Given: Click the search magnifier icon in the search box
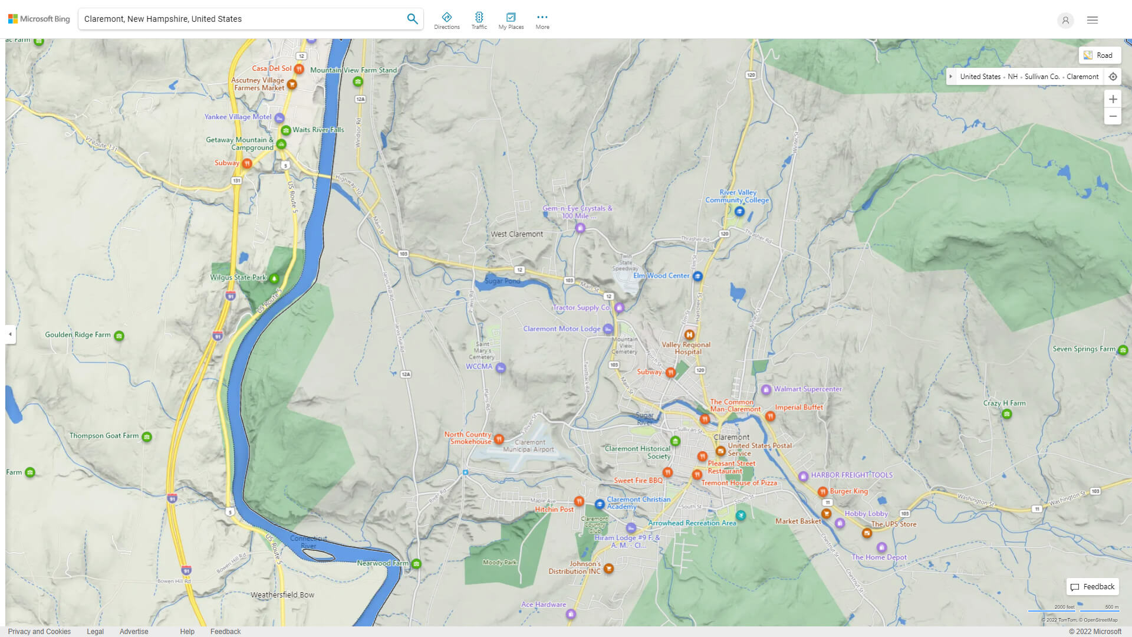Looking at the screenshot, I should click(x=412, y=19).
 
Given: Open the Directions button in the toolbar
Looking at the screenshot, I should click(x=446, y=21).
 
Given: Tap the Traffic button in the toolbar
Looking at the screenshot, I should click(x=479, y=21).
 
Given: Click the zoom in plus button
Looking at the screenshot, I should click(x=1113, y=99).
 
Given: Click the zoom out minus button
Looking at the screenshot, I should click(x=1113, y=116).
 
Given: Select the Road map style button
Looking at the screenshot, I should click(x=1099, y=55).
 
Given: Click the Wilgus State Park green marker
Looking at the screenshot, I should click(x=274, y=278).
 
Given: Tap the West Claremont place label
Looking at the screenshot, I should click(x=516, y=234).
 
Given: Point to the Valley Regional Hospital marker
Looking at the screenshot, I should click(x=689, y=334).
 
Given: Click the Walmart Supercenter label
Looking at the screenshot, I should click(x=807, y=389).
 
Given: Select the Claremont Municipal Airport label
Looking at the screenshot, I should click(x=528, y=446).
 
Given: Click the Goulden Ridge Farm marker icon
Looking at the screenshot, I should click(x=119, y=336).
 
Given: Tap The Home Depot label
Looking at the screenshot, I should click(x=878, y=557).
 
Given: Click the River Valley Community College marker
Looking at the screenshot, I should click(x=739, y=211).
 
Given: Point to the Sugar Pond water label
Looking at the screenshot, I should click(x=502, y=281).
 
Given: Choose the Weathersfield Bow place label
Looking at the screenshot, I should click(x=282, y=595).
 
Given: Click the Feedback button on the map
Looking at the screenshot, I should click(x=1092, y=587).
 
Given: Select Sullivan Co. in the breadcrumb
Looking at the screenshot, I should click(x=1041, y=77).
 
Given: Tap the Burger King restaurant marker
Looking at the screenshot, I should click(x=822, y=492).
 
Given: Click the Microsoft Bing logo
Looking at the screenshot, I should click(x=39, y=19).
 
